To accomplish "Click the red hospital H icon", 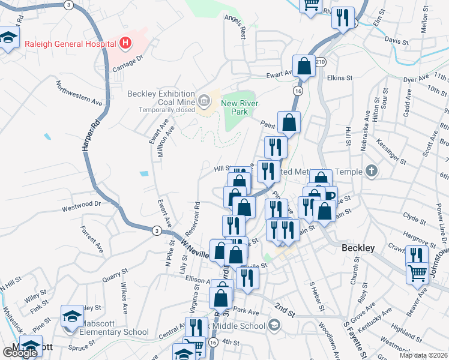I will (x=125, y=43).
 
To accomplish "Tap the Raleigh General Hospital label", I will (x=71, y=43).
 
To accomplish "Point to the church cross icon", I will (x=372, y=172).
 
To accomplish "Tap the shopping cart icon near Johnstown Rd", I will (x=417, y=273).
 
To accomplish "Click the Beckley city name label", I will (x=358, y=248).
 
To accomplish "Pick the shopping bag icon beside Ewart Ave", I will (x=304, y=68).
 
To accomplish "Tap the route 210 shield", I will (x=321, y=62).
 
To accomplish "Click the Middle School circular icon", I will (x=274, y=326).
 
